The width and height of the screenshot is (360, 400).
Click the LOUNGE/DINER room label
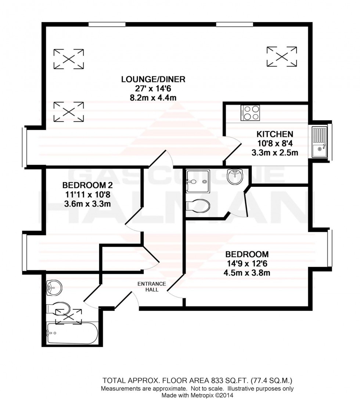coord(154,79)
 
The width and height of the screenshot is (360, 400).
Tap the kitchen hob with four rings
coord(250,113)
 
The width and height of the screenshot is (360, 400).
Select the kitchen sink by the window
coord(320,142)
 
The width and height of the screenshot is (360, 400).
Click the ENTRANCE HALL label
coord(152,287)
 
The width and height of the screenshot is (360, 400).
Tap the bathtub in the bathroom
coord(72,333)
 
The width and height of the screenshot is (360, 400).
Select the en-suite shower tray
coord(197,181)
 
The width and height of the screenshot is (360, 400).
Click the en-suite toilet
coord(198,206)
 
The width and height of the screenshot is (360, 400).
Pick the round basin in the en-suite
coord(235,177)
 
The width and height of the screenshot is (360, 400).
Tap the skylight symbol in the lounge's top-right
coord(282,57)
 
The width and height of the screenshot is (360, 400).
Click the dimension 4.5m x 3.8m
coord(247,273)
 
